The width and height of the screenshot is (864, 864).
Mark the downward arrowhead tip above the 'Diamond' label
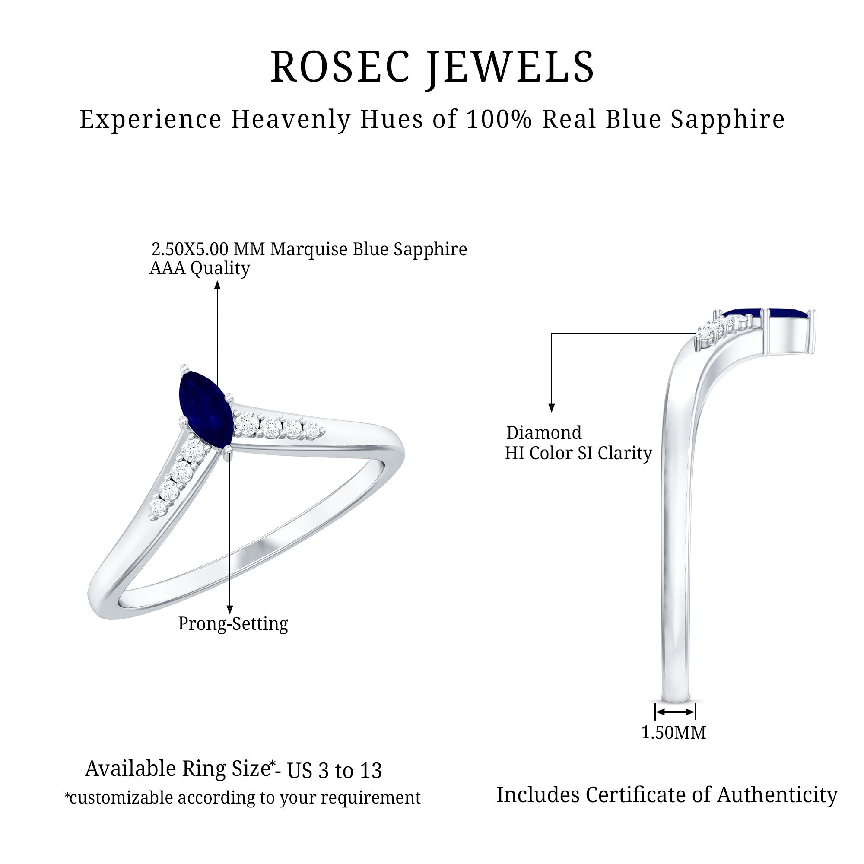551,412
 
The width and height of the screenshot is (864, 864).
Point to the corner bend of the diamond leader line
551,333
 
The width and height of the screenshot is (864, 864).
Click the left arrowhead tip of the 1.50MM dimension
656,711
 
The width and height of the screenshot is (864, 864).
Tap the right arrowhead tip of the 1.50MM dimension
695,711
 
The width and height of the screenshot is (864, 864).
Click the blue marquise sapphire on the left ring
205,409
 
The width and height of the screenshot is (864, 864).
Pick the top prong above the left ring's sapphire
184,368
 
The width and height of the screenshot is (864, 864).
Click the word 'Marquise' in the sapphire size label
308,249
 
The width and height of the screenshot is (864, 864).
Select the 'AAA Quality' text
200,268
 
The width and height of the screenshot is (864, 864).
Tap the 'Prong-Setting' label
233,623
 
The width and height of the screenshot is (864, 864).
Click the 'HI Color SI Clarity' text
578,453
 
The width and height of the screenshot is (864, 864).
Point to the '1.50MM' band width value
674,733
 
